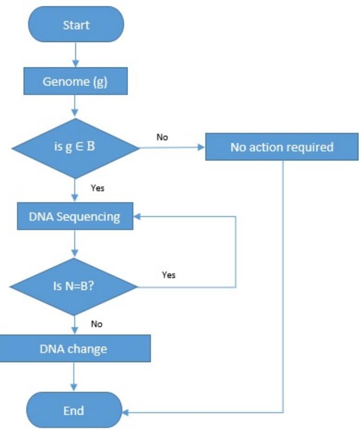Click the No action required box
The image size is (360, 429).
tap(282, 147)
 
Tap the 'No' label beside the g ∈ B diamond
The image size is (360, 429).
tap(162, 137)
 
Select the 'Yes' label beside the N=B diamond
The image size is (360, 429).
tap(168, 275)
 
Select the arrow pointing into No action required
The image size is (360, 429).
tap(175, 147)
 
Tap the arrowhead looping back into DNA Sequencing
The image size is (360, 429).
tap(137, 217)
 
